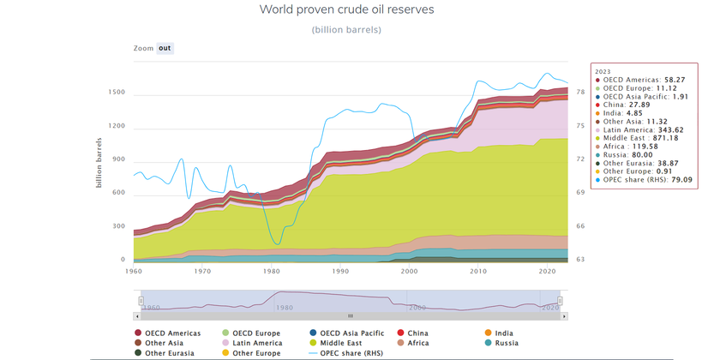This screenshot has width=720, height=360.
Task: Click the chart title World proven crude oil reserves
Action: tap(346, 9)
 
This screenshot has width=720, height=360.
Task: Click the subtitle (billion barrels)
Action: tap(346, 30)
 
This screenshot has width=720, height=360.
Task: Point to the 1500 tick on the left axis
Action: tap(117, 93)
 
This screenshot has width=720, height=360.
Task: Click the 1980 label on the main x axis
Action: tap(271, 271)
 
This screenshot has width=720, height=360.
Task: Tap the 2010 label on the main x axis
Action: tap(477, 271)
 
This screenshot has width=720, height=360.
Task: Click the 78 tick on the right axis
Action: tap(580, 93)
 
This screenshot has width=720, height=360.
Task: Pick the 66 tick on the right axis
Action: tap(580, 226)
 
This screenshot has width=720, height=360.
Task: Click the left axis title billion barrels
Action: tap(100, 163)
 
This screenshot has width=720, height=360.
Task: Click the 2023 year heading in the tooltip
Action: tap(603, 71)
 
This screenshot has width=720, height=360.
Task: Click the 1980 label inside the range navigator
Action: tap(284, 307)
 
